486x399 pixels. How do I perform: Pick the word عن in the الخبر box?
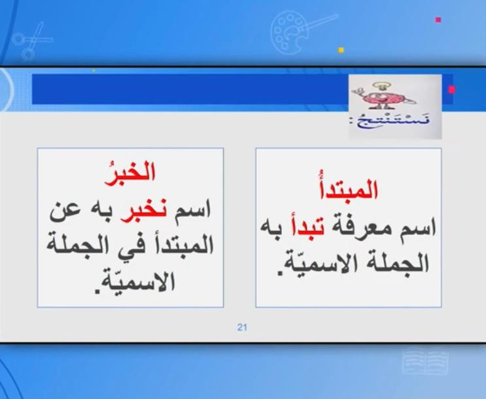point(64,211)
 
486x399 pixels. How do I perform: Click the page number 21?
point(242,327)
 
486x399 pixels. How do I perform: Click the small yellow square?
point(341,50)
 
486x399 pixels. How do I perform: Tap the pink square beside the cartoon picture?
point(451,89)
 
